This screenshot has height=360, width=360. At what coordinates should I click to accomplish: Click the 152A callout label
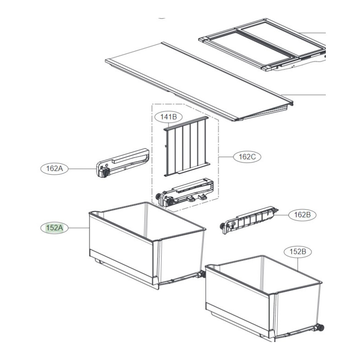pyautogui.click(x=54, y=228)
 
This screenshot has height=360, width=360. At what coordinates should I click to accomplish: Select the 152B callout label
pyautogui.click(x=298, y=252)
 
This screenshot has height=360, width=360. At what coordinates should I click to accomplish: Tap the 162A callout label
pyautogui.click(x=54, y=169)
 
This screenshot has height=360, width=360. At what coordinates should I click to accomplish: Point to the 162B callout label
pyautogui.click(x=302, y=215)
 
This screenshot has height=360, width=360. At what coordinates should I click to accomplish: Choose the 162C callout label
pyautogui.click(x=247, y=157)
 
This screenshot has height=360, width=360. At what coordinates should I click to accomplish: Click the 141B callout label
pyautogui.click(x=168, y=117)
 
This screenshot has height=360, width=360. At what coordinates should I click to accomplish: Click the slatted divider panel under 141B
pyautogui.click(x=186, y=146)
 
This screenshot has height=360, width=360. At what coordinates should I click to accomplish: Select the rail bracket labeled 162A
pyautogui.click(x=122, y=163)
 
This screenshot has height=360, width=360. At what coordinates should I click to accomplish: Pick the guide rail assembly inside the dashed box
pyautogui.click(x=184, y=193)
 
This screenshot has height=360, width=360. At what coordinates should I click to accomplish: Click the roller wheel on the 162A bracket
pyautogui.click(x=106, y=172)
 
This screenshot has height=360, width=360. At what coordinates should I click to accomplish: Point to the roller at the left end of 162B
pyautogui.click(x=222, y=226)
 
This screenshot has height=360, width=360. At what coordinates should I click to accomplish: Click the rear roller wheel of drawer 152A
pyautogui.click(x=202, y=274)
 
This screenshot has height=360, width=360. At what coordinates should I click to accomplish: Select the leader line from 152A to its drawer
pyautogui.click(x=79, y=228)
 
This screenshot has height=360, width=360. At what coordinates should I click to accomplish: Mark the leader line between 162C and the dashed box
pyautogui.click(x=226, y=157)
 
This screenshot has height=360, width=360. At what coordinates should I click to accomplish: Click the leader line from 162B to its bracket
pyautogui.click(x=282, y=215)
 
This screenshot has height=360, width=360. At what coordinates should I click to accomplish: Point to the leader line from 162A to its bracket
pyautogui.click(x=82, y=169)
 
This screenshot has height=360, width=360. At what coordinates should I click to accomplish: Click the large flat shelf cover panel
pyautogui.click(x=199, y=81)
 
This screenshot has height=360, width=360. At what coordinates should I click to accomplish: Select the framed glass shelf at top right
pyautogui.click(x=262, y=45)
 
